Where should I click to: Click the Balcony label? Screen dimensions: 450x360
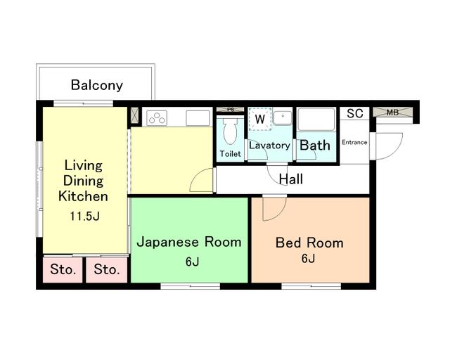point(97,85)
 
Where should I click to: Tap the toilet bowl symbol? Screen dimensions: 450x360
point(231,131)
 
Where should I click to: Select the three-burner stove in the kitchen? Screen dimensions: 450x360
point(157,118)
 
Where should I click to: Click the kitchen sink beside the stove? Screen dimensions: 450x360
point(198,118)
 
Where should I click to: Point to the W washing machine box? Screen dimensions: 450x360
point(260,119)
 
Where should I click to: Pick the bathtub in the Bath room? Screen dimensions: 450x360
point(316,119)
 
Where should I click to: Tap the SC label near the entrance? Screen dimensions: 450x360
point(354,113)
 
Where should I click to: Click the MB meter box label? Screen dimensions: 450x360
point(392,112)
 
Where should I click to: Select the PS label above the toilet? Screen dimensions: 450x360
point(231,110)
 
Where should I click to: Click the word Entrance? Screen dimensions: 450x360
point(354,142)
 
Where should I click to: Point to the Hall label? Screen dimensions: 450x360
point(290,179)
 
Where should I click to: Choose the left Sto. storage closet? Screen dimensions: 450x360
point(63,270)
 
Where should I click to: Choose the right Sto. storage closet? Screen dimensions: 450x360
point(106,270)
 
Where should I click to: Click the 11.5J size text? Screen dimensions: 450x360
point(84,216)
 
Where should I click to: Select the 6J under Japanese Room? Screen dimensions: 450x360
point(192,262)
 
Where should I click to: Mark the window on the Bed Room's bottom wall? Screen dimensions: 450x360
point(311,286)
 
